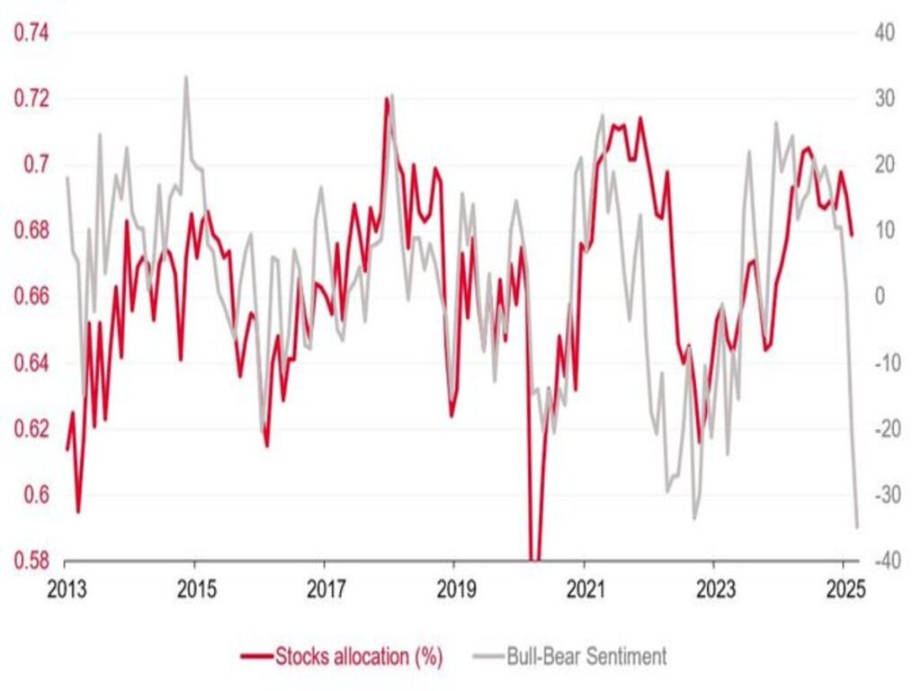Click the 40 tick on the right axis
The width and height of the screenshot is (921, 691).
884,33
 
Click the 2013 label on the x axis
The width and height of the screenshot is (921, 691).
66,590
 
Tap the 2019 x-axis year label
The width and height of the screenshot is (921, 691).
453,590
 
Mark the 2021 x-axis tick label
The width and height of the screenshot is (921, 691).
584,590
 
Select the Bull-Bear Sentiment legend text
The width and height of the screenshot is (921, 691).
586,656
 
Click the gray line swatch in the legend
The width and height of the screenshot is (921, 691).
486,656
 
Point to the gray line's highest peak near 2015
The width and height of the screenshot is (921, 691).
186,77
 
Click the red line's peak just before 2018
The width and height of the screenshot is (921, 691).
387,99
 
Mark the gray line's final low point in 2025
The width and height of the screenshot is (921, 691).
857,527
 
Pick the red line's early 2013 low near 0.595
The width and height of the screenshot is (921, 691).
78,512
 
